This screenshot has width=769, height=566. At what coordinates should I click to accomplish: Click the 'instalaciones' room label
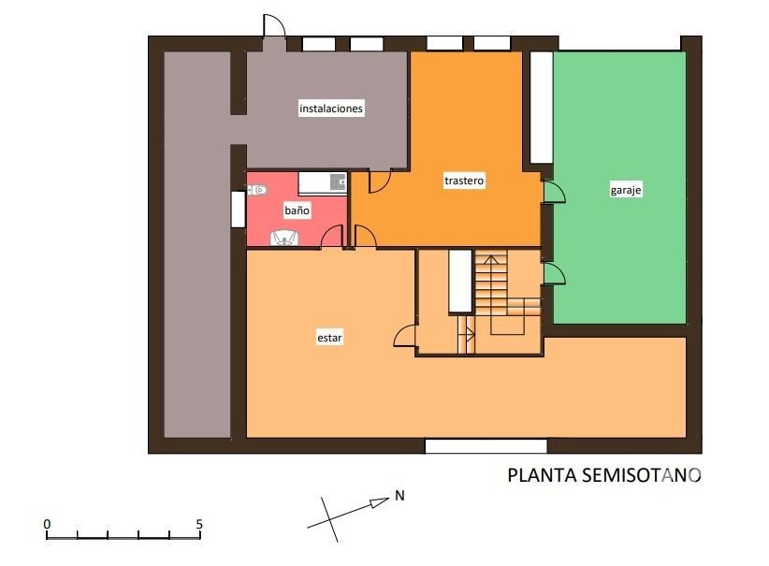point(331,109)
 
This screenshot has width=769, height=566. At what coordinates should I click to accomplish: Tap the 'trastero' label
point(464,181)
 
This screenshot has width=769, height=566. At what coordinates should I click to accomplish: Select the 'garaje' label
point(625,190)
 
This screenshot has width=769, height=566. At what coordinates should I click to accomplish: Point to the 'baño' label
point(297,210)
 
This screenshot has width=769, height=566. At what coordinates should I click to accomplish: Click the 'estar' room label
point(329,338)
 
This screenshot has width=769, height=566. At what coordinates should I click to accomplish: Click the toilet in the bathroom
point(257,190)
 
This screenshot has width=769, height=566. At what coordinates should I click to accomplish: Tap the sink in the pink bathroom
point(284,239)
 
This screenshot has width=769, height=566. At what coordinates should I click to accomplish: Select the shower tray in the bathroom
point(322,183)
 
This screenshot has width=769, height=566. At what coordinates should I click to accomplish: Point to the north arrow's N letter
point(399,496)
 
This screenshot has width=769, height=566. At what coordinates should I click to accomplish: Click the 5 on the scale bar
point(199,524)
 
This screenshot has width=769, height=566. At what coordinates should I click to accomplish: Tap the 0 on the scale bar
point(47,524)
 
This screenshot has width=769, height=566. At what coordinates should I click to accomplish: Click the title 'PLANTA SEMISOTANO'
point(603,475)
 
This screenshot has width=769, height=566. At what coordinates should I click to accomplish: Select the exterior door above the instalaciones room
point(274,25)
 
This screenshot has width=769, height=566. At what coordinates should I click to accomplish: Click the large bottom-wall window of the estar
point(486,446)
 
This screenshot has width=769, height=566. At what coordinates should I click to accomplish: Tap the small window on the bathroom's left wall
point(238,210)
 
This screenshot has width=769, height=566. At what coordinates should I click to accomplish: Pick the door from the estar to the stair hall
point(406,337)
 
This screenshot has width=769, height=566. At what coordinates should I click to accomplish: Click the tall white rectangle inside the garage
point(542,108)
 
